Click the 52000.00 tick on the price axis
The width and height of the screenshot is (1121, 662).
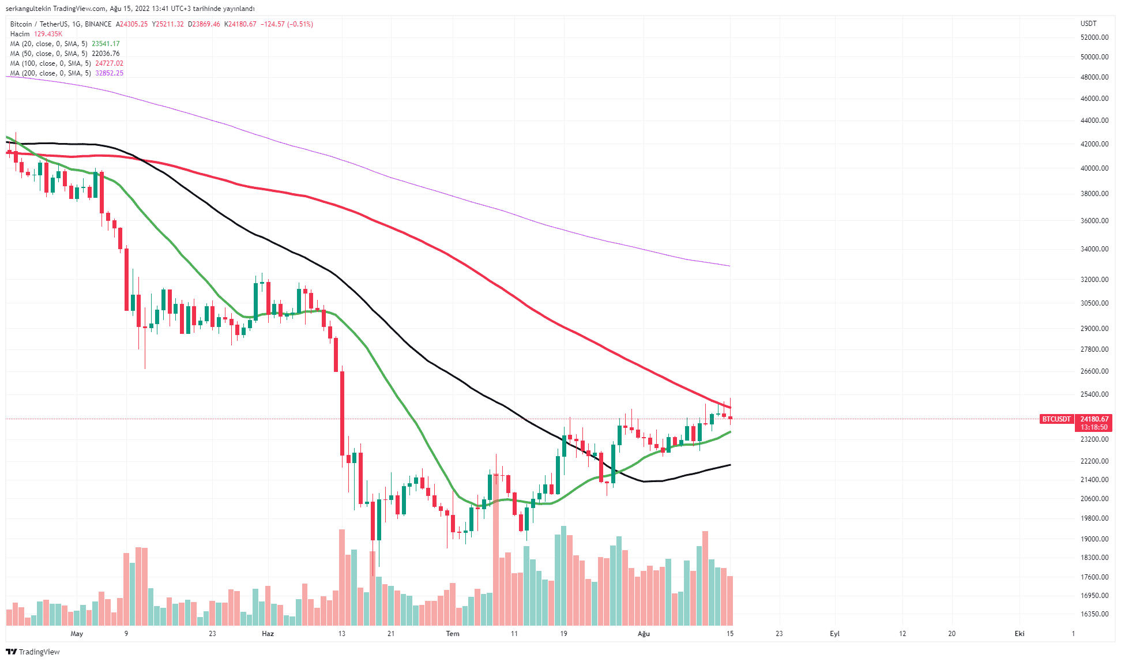pos(1094,37)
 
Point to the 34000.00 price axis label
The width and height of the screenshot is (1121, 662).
pos(1094,249)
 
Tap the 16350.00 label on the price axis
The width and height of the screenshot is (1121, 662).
pos(1094,614)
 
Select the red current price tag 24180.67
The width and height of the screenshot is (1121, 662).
pos(1094,419)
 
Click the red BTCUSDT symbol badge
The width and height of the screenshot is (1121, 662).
pos(1056,419)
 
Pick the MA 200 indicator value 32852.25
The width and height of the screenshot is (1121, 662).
pos(110,73)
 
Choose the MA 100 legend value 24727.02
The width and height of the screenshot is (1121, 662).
pos(110,63)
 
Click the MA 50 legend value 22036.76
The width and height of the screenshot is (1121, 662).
pos(106,54)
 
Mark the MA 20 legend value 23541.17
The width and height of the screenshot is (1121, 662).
pos(106,44)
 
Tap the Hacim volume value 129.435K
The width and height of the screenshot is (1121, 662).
pos(48,34)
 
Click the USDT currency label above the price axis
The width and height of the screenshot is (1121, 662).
pos(1088,24)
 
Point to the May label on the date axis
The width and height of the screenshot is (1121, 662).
pos(77,634)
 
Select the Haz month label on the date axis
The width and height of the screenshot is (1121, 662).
pos(268,634)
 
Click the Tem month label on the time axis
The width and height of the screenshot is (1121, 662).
pos(453,634)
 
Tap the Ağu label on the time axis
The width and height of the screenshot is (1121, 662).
pos(644,634)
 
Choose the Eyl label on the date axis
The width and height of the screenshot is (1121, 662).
pos(834,634)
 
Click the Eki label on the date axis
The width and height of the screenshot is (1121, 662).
pos(1020,634)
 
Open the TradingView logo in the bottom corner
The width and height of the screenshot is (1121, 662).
pos(33,652)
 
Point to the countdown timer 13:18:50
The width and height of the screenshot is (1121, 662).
pos(1094,427)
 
